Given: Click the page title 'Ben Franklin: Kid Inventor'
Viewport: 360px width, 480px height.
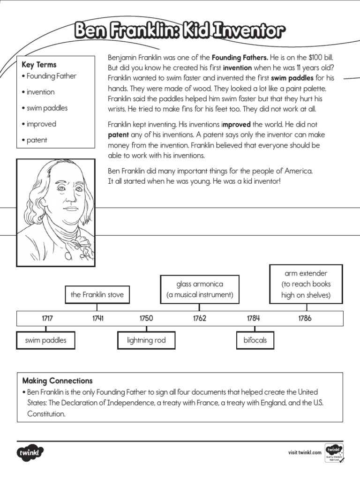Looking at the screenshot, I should (180, 31).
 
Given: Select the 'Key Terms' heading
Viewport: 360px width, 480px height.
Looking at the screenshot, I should (39, 65).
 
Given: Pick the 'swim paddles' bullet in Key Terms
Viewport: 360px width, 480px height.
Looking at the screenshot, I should (45, 108).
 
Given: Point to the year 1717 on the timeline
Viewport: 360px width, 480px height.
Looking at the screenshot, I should (47, 318).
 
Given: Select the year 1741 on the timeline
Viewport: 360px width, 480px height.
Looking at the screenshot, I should (97, 318).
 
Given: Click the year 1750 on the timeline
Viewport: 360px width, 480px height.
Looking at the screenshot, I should (146, 318).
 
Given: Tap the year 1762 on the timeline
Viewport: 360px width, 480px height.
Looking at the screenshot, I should (200, 318).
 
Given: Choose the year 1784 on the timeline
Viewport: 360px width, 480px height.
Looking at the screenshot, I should (253, 318).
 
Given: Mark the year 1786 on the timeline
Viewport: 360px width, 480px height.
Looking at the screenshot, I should (305, 318).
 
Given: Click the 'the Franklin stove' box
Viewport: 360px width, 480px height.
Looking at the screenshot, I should (97, 295).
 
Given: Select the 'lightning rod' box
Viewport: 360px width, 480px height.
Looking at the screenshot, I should (146, 340).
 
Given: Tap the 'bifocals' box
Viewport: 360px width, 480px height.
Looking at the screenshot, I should (255, 340).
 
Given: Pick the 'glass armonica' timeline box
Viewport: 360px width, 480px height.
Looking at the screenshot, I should (200, 290).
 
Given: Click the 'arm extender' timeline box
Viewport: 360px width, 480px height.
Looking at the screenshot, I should (306, 284).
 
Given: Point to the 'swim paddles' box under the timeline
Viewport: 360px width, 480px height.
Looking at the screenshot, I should (45, 340).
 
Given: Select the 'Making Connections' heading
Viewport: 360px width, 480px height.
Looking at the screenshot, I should (57, 381).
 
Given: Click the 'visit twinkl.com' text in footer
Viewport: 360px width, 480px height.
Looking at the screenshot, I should (305, 452).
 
